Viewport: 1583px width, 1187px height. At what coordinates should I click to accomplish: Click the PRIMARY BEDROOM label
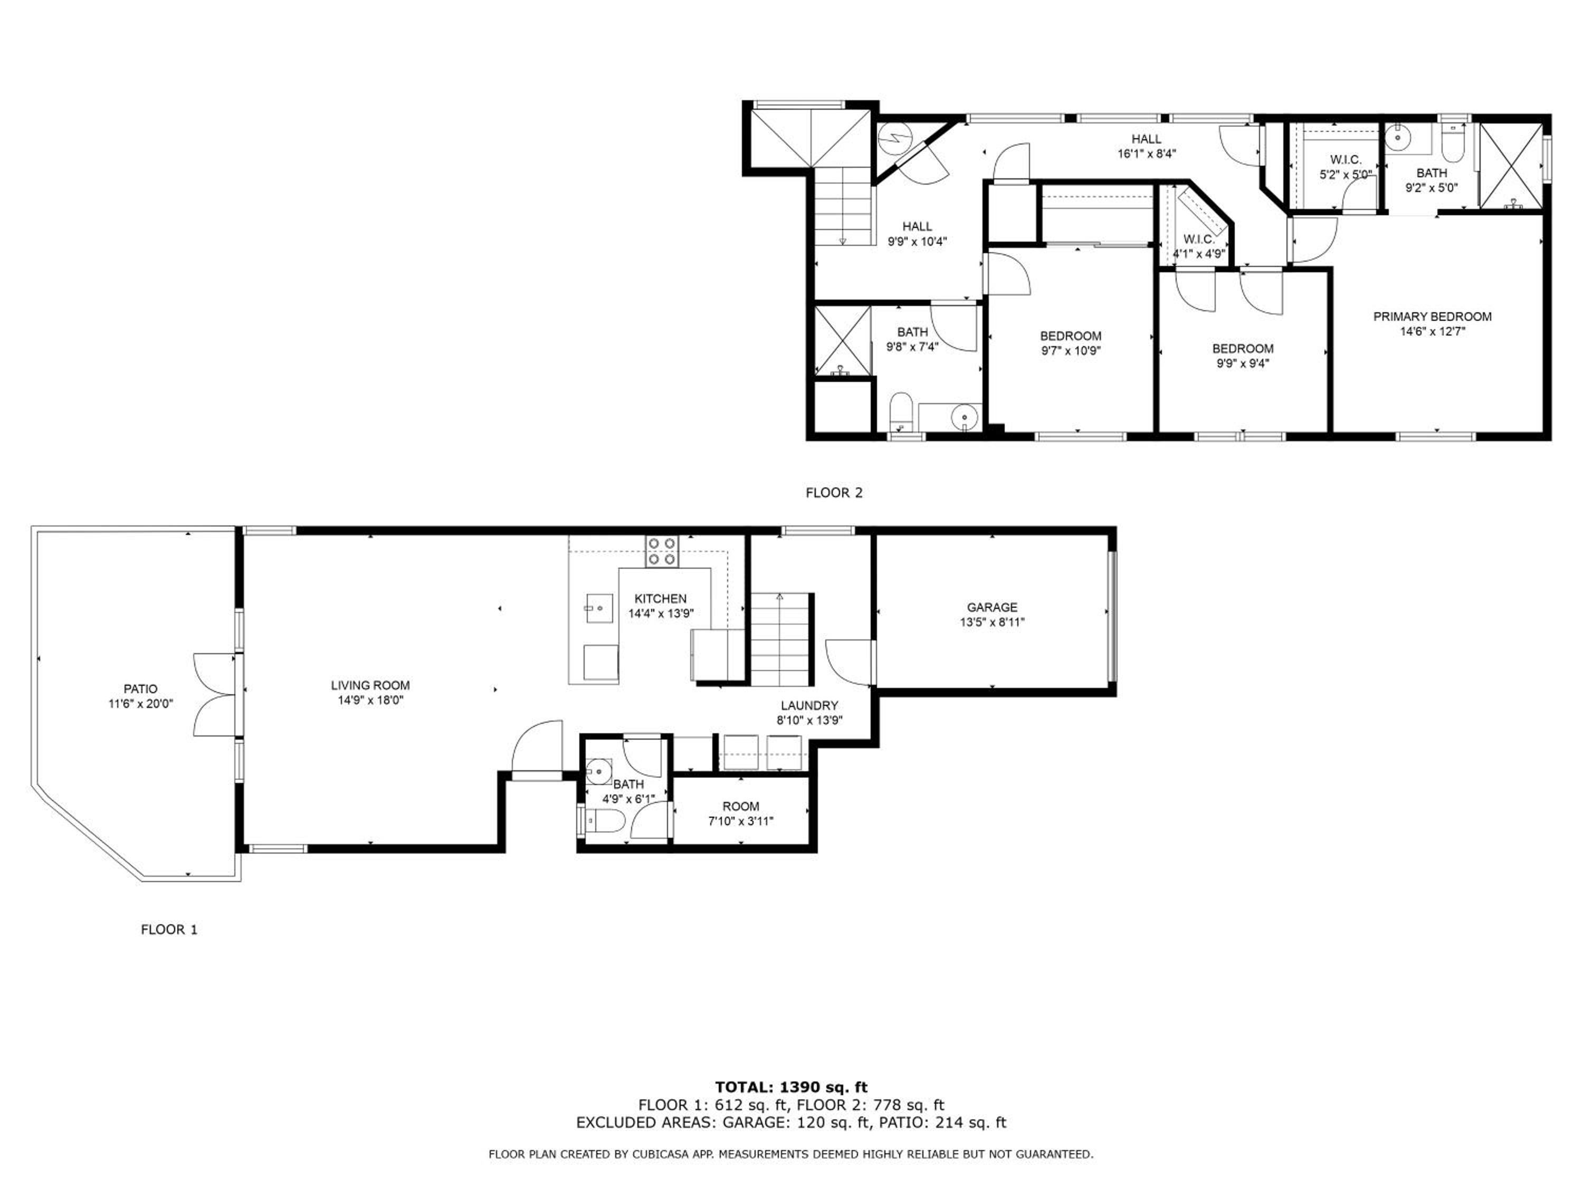[x=1432, y=316]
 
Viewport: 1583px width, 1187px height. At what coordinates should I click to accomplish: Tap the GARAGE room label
[x=992, y=607]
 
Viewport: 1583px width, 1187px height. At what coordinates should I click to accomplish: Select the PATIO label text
[x=140, y=689]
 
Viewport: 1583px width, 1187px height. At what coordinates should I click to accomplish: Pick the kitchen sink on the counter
[x=598, y=608]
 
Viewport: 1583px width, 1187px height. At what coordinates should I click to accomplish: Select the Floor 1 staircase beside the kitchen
[x=781, y=639]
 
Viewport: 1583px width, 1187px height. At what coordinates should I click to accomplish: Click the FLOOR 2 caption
[x=834, y=492]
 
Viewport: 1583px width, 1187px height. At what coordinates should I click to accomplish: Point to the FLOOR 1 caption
[x=169, y=930]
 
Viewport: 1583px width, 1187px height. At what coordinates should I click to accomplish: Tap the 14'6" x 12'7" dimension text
[x=1432, y=331]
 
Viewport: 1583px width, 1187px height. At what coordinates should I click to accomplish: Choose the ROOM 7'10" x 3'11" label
[x=741, y=813]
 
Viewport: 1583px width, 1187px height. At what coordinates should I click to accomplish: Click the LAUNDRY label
[x=809, y=705]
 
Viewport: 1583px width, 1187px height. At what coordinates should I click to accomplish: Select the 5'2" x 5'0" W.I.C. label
[x=1346, y=167]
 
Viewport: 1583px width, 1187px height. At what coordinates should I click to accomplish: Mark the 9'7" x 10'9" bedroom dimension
[x=1071, y=351]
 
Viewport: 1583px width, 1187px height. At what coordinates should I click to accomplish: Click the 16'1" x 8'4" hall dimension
[x=1147, y=153]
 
